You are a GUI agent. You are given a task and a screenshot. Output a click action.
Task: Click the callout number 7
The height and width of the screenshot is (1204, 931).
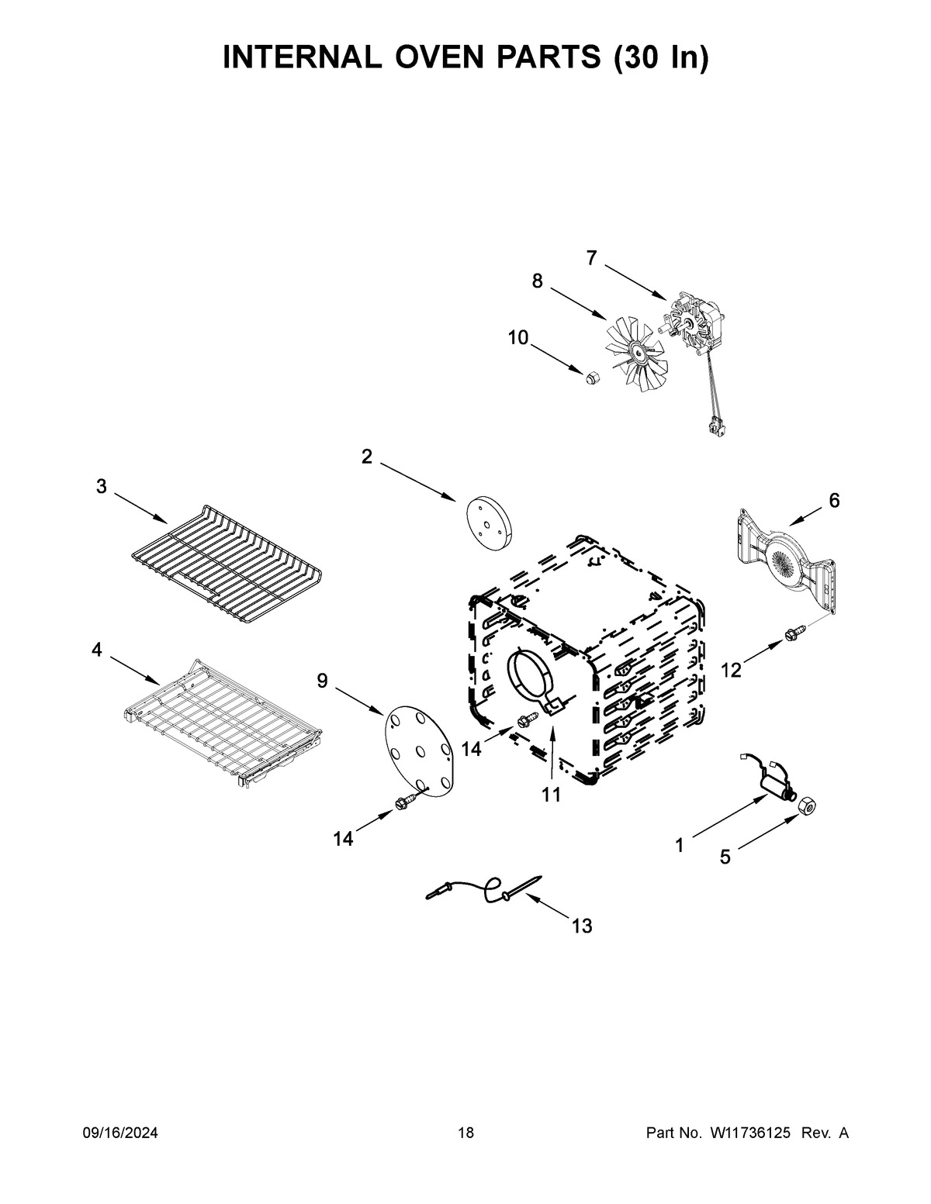(592, 259)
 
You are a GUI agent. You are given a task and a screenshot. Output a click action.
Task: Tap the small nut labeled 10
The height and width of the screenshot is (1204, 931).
(591, 378)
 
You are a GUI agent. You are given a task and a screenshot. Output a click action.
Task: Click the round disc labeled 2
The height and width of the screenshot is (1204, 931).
(486, 524)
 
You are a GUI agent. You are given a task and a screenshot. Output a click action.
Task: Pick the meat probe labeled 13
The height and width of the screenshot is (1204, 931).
(485, 889)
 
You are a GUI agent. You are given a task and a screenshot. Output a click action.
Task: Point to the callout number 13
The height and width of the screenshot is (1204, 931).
(581, 925)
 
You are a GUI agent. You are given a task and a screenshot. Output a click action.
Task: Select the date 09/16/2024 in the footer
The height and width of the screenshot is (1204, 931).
(120, 1133)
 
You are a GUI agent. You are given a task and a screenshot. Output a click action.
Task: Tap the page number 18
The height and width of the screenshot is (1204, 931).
(465, 1133)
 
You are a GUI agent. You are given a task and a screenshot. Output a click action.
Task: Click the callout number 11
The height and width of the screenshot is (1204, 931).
(551, 795)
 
